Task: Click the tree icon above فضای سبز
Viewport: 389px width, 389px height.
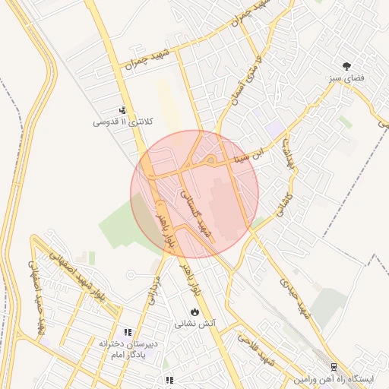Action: click(x=347, y=66)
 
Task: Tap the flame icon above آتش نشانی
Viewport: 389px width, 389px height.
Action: click(x=195, y=311)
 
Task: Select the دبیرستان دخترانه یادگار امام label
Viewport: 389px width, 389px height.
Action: click(x=128, y=349)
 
